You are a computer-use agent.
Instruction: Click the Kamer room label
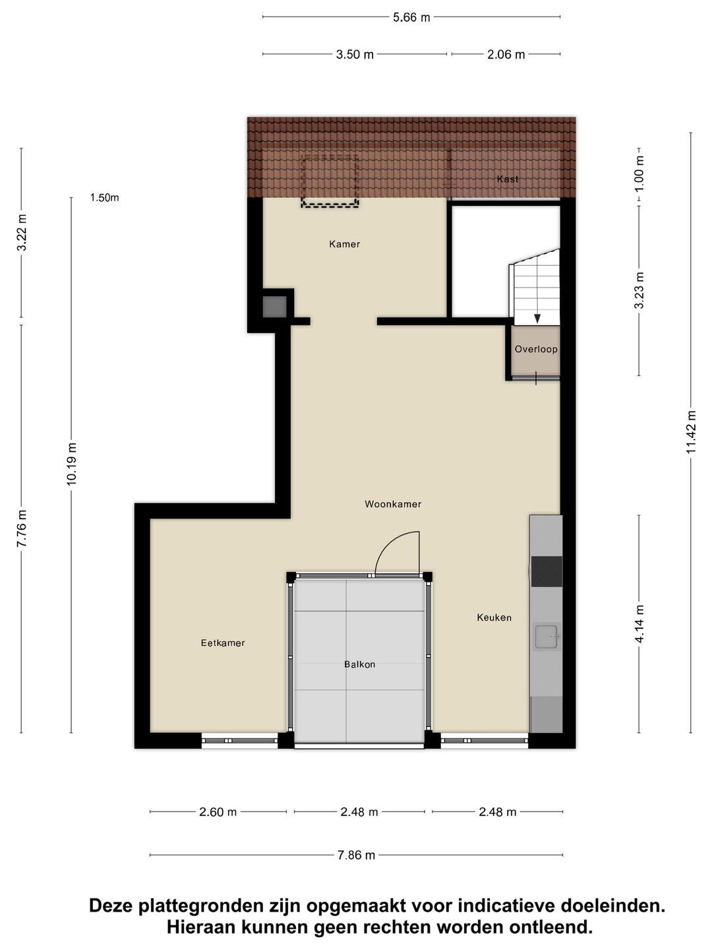point(344,244)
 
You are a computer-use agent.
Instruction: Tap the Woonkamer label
point(392,504)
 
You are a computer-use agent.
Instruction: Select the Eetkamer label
point(223,643)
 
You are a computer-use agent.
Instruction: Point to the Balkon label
point(359,664)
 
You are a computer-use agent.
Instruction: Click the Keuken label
point(494,617)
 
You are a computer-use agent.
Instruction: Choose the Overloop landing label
point(535,349)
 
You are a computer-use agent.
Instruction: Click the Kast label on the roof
point(507,179)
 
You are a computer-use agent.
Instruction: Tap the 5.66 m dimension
point(411,17)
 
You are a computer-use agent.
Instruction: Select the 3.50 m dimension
point(355,55)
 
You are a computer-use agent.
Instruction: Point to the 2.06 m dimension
point(506,55)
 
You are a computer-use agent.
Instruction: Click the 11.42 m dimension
point(691,432)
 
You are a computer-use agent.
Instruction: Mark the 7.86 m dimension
point(356,855)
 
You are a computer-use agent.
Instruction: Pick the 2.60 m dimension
point(218,812)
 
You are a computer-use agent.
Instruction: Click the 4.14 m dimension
point(639,623)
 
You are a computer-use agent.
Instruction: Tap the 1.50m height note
point(104,198)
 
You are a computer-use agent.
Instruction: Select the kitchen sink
point(547,636)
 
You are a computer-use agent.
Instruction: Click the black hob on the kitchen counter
point(547,571)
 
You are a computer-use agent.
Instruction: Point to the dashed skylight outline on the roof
point(330,181)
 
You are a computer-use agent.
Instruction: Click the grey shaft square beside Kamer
point(274,306)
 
